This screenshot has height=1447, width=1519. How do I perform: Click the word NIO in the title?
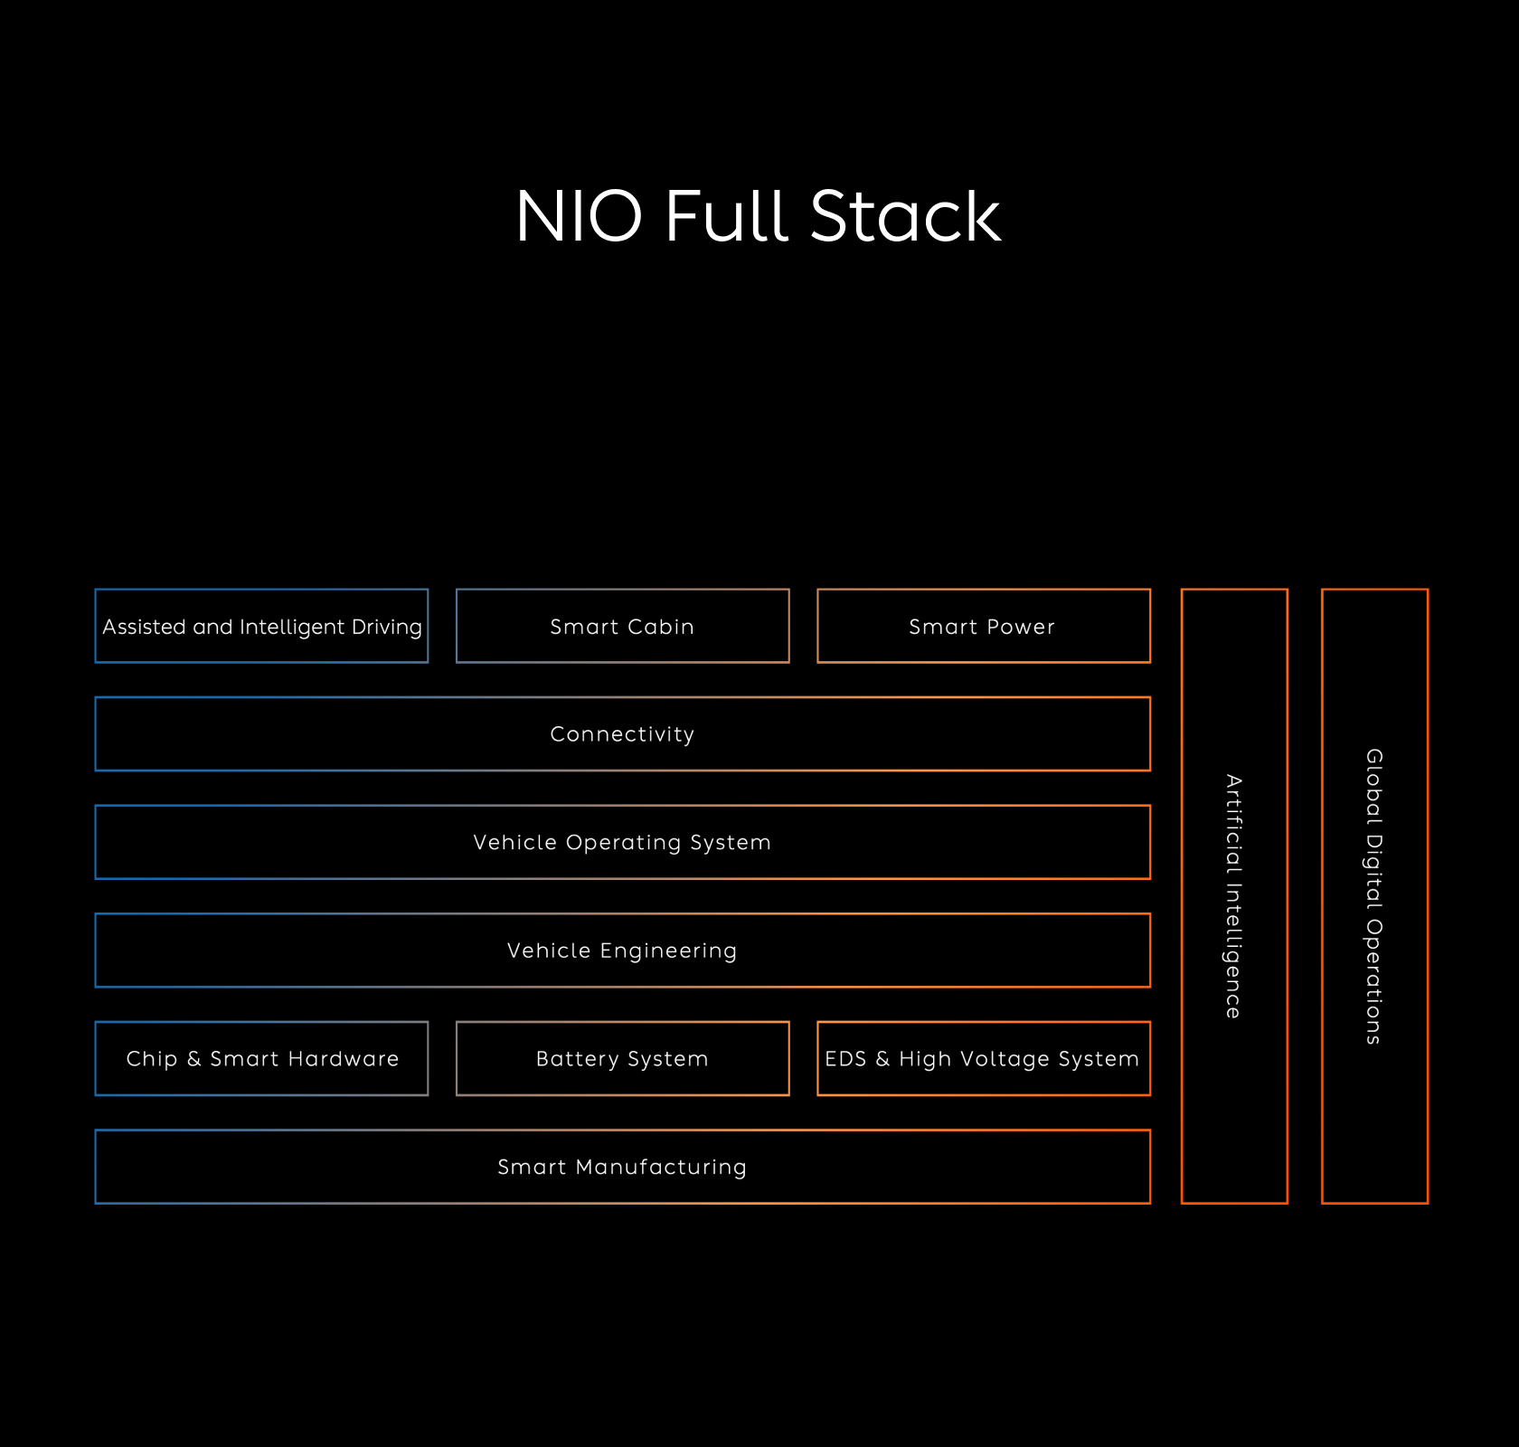point(579,217)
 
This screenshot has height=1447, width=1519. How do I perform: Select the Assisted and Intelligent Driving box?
point(262,626)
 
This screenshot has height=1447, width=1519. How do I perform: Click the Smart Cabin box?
point(622,626)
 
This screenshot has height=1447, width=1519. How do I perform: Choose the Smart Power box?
point(983,626)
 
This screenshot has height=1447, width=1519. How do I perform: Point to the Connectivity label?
point(622,734)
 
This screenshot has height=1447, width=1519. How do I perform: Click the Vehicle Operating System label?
point(622,843)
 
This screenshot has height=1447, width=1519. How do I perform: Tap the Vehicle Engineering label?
point(622,950)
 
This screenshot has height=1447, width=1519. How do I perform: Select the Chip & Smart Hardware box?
point(262,1059)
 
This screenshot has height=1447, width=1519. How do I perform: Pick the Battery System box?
point(622,1059)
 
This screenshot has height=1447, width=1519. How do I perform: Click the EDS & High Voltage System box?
point(983,1059)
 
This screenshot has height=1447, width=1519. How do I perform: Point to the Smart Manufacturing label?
point(622,1167)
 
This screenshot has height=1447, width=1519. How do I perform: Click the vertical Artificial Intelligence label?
point(1234,896)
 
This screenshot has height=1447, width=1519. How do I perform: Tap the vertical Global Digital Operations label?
point(1374,896)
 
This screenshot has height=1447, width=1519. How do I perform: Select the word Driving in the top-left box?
point(387,628)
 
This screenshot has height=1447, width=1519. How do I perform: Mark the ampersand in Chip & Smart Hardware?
point(193,1059)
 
